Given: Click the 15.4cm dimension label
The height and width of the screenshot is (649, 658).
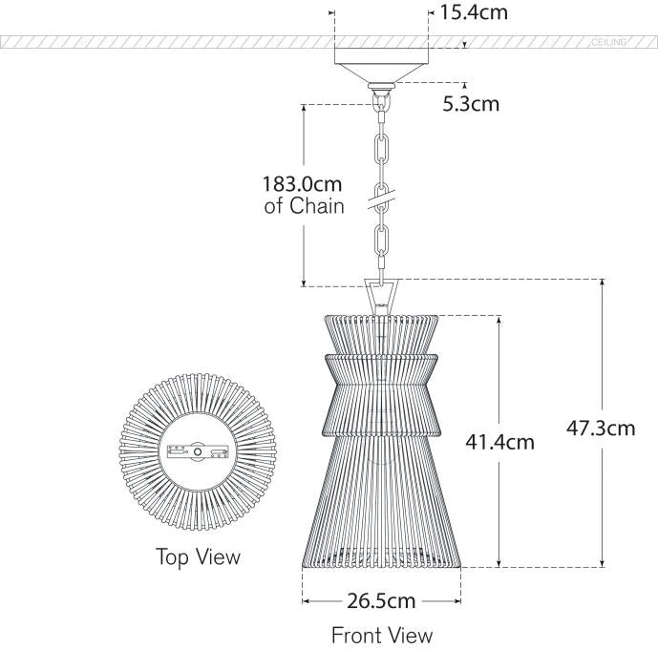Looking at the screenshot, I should tap(473, 12).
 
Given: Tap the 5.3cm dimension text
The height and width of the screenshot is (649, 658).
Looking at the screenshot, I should tap(471, 102).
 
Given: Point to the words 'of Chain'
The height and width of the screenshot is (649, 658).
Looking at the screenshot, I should tap(304, 206).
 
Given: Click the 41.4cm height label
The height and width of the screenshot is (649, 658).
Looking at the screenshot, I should tap(499, 441).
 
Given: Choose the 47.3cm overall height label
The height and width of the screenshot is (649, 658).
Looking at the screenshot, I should tap(601, 429).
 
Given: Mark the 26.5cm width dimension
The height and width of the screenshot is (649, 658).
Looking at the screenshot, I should tap(382, 601).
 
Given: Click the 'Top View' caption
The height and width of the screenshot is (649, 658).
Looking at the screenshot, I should tap(199, 556).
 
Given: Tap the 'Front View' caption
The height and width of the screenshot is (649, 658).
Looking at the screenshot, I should tap(382, 635).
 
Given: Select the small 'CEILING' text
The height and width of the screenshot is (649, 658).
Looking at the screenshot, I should tap(608, 43).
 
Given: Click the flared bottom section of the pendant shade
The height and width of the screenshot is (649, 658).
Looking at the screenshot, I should tap(381, 506).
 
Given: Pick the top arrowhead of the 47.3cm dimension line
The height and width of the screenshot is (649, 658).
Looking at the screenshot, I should tap(602, 283).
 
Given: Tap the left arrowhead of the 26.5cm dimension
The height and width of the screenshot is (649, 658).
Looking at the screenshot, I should tap(306, 601).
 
